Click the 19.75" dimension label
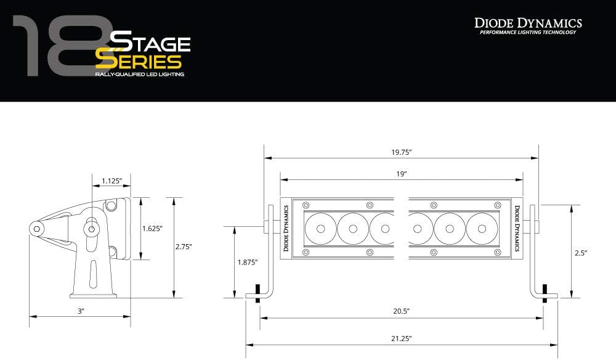[401, 152]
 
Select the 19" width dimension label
[401, 174]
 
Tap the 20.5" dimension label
[401, 311]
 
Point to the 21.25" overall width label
[401, 338]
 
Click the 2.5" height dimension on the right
[580, 253]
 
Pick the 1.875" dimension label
[247, 262]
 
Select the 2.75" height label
[184, 247]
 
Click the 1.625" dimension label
[152, 228]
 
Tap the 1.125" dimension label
[112, 181]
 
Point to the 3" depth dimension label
[81, 311]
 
